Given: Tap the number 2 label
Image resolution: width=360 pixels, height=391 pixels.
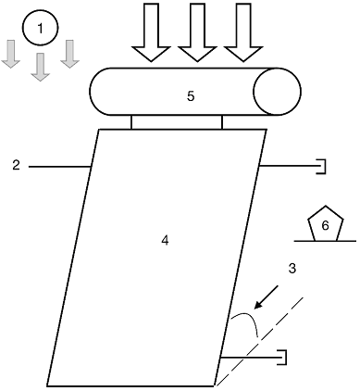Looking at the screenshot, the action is pyautogui.click(x=16, y=166).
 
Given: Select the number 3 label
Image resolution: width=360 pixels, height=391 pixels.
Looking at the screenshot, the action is pyautogui.click(x=292, y=269).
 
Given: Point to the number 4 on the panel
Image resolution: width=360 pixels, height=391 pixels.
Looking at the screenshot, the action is pyautogui.click(x=165, y=240).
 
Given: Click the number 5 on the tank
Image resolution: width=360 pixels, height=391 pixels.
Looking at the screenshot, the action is pyautogui.click(x=191, y=96).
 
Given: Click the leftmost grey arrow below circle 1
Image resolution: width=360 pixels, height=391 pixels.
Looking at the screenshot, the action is pyautogui.click(x=11, y=54).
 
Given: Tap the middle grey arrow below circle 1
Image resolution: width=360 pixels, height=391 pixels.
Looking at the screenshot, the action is pyautogui.click(x=41, y=68).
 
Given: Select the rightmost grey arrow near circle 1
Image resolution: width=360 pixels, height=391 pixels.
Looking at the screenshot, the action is pyautogui.click(x=70, y=54).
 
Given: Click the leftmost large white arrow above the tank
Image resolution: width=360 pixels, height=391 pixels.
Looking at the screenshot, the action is pyautogui.click(x=151, y=32).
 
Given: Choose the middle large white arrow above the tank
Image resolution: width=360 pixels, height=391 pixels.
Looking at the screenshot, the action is pyautogui.click(x=197, y=32).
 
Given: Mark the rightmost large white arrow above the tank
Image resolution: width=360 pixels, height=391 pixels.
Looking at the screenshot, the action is pyautogui.click(x=243, y=32).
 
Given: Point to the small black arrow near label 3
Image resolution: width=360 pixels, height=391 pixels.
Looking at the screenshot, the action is pyautogui.click(x=266, y=297).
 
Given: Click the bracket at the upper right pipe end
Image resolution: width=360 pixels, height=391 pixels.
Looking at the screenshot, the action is pyautogui.click(x=323, y=167).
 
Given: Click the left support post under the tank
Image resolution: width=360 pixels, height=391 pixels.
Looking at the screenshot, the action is pyautogui.click(x=131, y=122).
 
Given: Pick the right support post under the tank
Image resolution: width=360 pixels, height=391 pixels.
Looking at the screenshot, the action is pyautogui.click(x=222, y=122).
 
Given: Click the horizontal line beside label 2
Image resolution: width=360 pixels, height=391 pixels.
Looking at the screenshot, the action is pyautogui.click(x=59, y=167).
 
